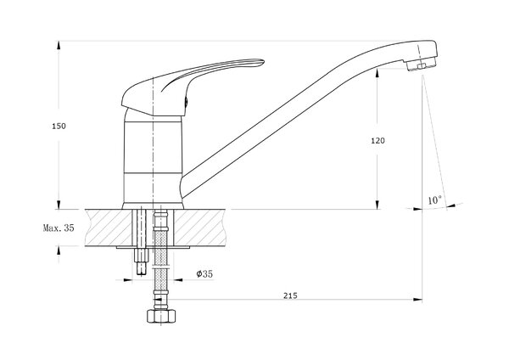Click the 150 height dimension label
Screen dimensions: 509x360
pyautogui.click(x=59, y=126)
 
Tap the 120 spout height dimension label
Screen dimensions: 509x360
pyautogui.click(x=378, y=141)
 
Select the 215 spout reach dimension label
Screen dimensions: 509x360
pyautogui.click(x=290, y=295)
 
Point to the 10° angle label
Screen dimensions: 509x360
pyautogui.click(x=434, y=200)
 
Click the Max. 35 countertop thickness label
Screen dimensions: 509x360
pyautogui.click(x=59, y=228)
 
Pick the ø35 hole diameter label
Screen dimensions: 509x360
pyautogui.click(x=204, y=274)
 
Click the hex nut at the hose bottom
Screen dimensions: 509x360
pyautogui.click(x=161, y=316)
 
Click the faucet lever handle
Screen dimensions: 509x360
pyautogui.click(x=192, y=85)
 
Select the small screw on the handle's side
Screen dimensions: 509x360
pyautogui.click(x=186, y=102)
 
